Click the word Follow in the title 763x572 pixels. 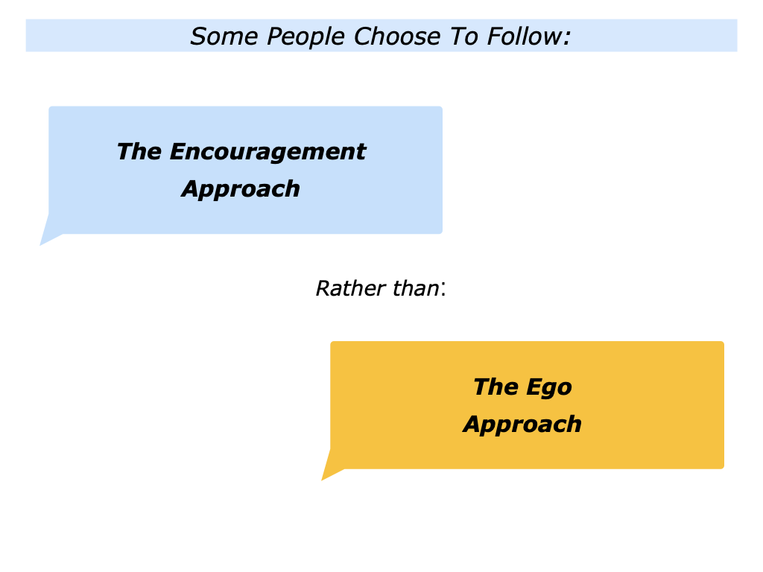[525, 36]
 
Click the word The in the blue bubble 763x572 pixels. [139, 152]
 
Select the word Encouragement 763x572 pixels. [267, 153]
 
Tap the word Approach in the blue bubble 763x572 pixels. [241, 189]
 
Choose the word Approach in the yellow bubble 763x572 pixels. [522, 425]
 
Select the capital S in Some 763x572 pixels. [197, 36]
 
